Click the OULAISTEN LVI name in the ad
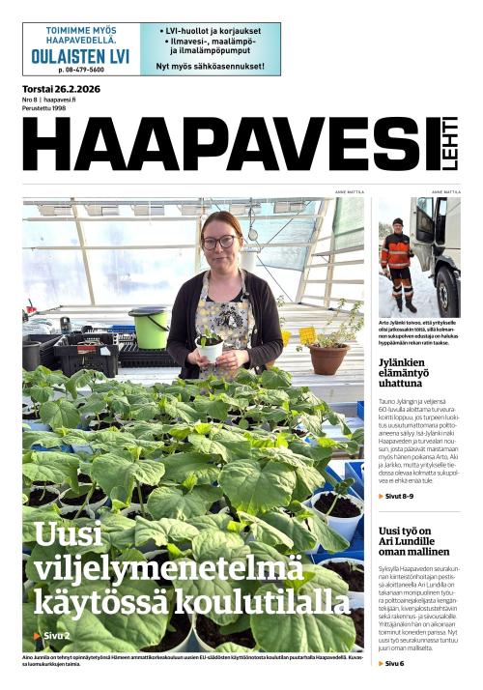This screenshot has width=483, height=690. (80, 57)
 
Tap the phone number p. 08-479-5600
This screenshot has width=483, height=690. (80, 70)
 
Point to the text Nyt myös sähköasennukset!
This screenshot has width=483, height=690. (210, 67)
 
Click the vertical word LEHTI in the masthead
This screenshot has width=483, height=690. (450, 150)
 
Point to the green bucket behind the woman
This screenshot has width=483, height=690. (149, 327)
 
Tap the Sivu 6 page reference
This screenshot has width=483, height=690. (392, 663)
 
